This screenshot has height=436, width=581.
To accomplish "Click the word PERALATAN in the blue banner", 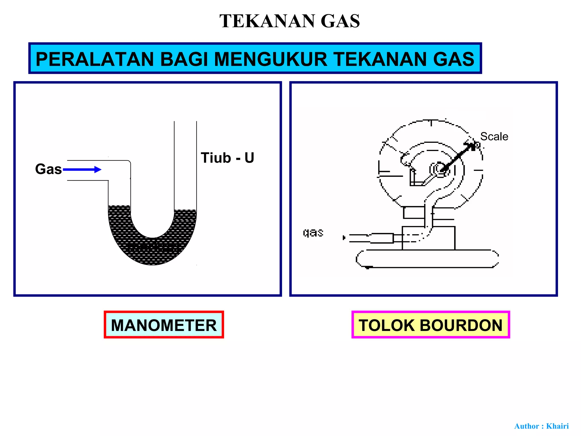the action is tap(95, 59).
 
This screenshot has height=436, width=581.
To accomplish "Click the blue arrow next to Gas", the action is tap(82, 170).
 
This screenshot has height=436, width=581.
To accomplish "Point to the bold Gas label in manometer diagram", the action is tap(48, 169).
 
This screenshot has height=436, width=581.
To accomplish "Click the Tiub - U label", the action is tap(227, 158).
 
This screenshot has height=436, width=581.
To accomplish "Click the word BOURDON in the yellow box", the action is tap(461, 325).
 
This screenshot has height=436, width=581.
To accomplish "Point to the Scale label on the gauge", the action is tap(494, 137).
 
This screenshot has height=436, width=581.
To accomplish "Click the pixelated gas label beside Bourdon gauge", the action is tap(313, 233).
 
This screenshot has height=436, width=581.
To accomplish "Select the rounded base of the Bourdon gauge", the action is tap(427, 259).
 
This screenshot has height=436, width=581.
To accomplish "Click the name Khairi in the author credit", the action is tap(557, 426).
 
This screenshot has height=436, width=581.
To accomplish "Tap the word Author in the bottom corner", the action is tap(527, 426).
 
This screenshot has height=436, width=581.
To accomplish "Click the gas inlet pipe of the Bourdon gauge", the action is tap(372, 238).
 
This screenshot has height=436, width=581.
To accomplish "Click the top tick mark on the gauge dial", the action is tap(431, 123).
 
